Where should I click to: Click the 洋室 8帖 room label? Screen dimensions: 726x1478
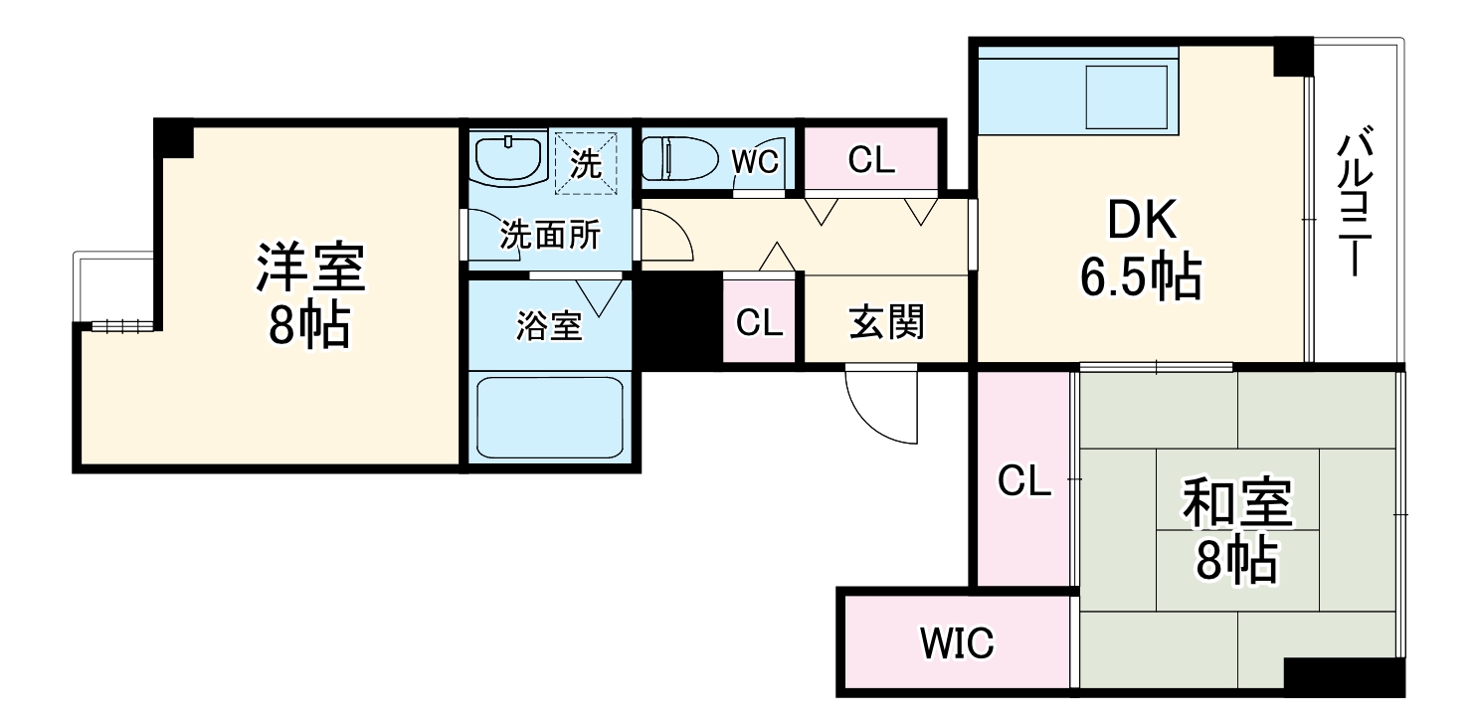point(309,295)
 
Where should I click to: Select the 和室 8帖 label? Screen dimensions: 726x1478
point(1235,532)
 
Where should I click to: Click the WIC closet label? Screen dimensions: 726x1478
point(956,644)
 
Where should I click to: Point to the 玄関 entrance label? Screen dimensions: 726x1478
point(885,321)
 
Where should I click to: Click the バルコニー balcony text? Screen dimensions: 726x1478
point(1355,204)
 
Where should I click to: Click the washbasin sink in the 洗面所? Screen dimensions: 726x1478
point(508,158)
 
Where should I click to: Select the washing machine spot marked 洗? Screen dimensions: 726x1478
point(586,161)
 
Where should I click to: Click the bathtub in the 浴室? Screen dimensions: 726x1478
point(549,417)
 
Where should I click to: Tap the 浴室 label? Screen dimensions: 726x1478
point(549,326)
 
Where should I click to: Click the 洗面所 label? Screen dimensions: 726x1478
point(549,236)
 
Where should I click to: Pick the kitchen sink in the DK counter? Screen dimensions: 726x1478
point(1126,97)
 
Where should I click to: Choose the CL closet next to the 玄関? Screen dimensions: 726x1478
point(760,322)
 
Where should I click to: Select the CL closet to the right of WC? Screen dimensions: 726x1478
point(871,159)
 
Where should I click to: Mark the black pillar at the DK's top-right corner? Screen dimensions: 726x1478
point(1293,57)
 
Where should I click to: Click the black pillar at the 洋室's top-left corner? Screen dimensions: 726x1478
point(174,138)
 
